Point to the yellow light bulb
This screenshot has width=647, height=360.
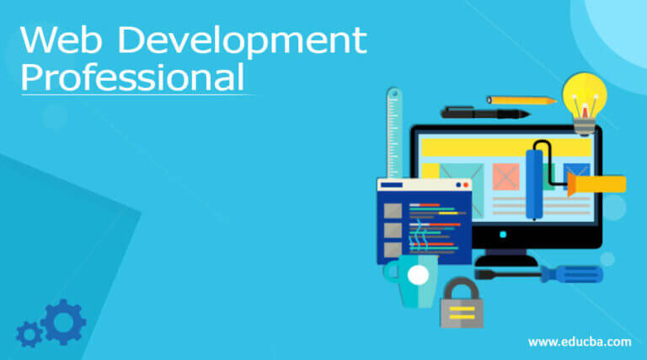tap(585, 94)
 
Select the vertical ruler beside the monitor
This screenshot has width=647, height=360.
tap(393, 135)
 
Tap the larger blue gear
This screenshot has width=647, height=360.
tap(62, 321)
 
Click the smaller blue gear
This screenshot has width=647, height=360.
tap(29, 336)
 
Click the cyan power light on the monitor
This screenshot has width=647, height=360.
tap(503, 235)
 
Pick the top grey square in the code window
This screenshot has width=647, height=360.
tap(392, 210)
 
